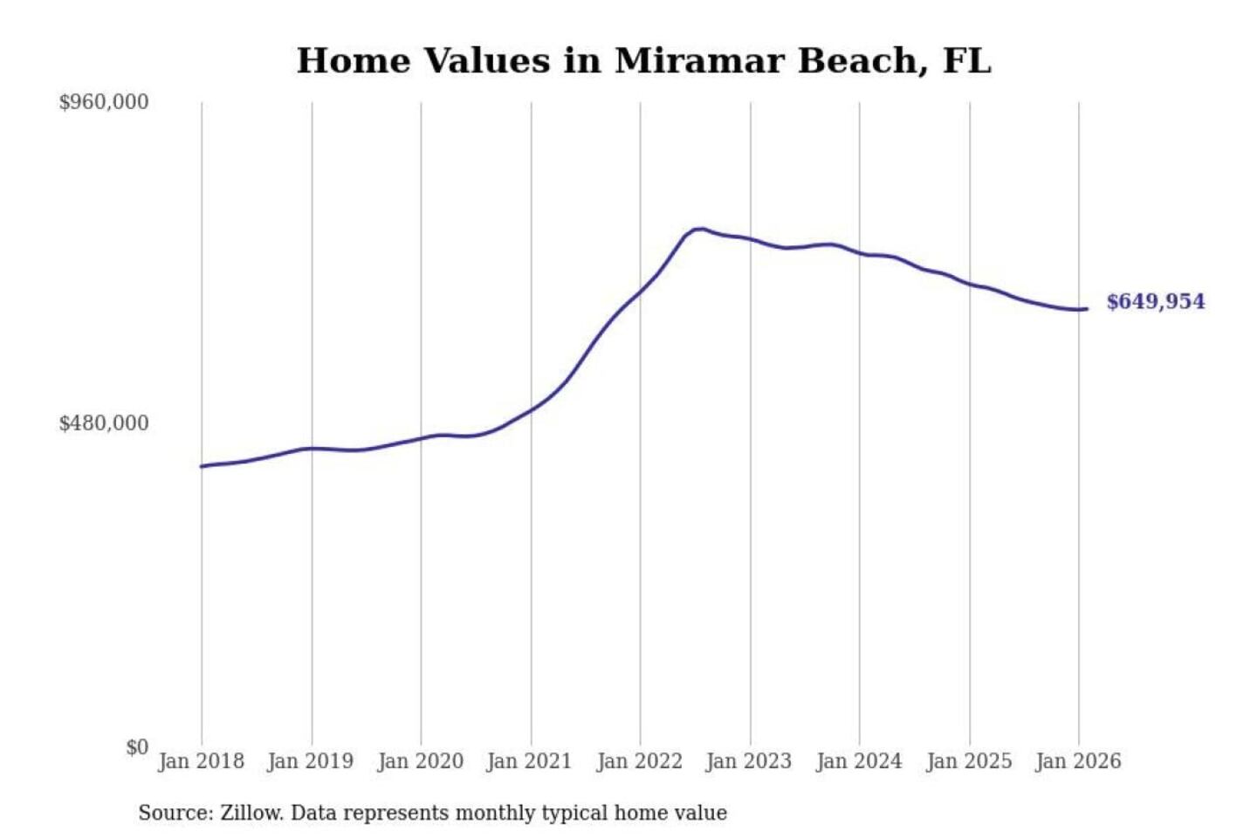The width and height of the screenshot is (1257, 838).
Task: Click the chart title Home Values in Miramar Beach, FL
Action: pos(643,61)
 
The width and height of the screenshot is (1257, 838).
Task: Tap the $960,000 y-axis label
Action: pos(103,102)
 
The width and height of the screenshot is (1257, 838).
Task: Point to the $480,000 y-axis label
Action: pos(103,423)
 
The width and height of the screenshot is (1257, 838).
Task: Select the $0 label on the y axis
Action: pos(136,747)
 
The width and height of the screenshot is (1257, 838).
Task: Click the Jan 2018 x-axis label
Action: pos(201,761)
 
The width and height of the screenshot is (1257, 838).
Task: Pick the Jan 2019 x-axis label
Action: pos(311,761)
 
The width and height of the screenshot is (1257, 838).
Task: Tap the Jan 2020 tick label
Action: pos(420,761)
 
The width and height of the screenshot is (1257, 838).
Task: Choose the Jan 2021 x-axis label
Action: pos(529,761)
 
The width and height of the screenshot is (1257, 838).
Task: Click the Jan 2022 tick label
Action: pos(639,761)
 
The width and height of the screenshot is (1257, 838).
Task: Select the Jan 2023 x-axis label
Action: pos(749,761)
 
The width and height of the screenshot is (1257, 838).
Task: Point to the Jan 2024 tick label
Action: pos(858,761)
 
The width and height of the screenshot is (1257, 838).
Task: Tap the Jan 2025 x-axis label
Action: pos(968,761)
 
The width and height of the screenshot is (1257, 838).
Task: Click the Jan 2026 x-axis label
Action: pos(1078,761)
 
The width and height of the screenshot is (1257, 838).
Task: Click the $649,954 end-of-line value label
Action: pos(1155,302)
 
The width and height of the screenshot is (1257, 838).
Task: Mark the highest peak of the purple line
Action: pos(699,229)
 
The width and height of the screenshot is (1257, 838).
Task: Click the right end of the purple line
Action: pos(1086,308)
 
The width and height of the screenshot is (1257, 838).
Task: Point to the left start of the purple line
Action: pos(202,466)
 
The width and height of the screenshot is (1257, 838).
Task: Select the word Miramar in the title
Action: pos(698,61)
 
